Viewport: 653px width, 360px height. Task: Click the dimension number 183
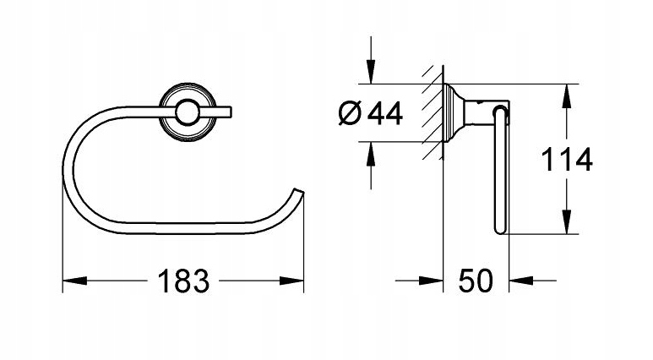182,280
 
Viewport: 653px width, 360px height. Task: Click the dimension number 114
568,159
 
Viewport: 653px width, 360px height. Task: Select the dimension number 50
476,280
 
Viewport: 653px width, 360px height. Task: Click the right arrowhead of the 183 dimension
297,280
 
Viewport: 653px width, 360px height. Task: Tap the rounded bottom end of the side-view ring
499,229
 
